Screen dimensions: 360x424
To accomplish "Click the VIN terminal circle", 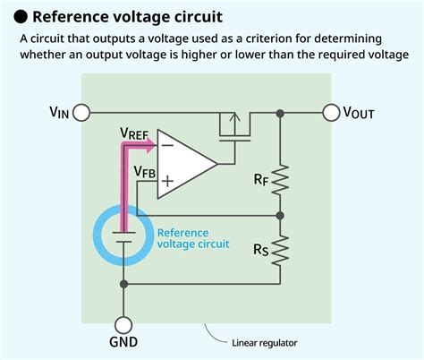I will coord(81,113).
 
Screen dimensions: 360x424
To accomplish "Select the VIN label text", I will coord(60,113).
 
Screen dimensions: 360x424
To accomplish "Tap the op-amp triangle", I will coord(182,163).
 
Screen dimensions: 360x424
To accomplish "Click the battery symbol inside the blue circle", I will coord(123,235).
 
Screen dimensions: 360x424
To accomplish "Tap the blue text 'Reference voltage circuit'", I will coord(193,237).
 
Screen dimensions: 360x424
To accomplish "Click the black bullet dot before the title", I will coord(17,17).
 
